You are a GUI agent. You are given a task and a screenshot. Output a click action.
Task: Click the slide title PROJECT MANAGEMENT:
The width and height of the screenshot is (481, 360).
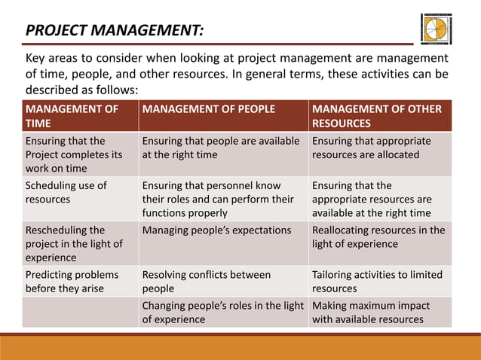pos(114,31)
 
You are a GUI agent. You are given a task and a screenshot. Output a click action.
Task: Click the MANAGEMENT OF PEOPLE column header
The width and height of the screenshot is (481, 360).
pos(209,109)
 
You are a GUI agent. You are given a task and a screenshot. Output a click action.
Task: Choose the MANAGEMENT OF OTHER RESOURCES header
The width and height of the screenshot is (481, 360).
pos(377,116)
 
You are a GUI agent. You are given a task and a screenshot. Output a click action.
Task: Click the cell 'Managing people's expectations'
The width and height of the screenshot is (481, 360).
pos(216,230)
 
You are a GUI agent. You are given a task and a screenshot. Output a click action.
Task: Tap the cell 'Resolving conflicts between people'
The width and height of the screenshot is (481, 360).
pos(207,281)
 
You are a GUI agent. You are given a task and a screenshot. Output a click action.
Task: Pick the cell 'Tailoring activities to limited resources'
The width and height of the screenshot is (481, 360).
pos(377,281)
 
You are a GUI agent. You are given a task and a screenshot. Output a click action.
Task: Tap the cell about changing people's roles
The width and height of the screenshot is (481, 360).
pos(222,312)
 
